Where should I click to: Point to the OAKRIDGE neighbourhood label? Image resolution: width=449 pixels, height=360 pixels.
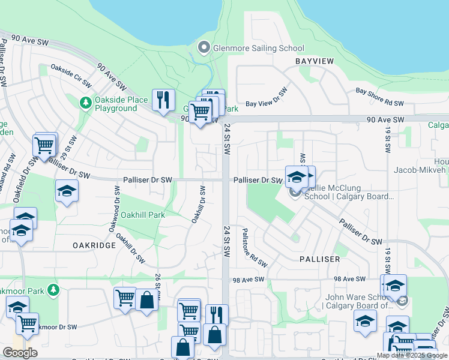click(93, 245)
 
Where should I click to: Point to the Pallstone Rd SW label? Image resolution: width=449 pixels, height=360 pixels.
click(255, 248)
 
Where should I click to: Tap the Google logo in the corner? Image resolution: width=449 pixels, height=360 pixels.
click(20, 353)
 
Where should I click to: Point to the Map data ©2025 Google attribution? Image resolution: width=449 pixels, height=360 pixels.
click(412, 355)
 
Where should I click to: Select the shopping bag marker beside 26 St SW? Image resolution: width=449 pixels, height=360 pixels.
click(146, 300)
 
